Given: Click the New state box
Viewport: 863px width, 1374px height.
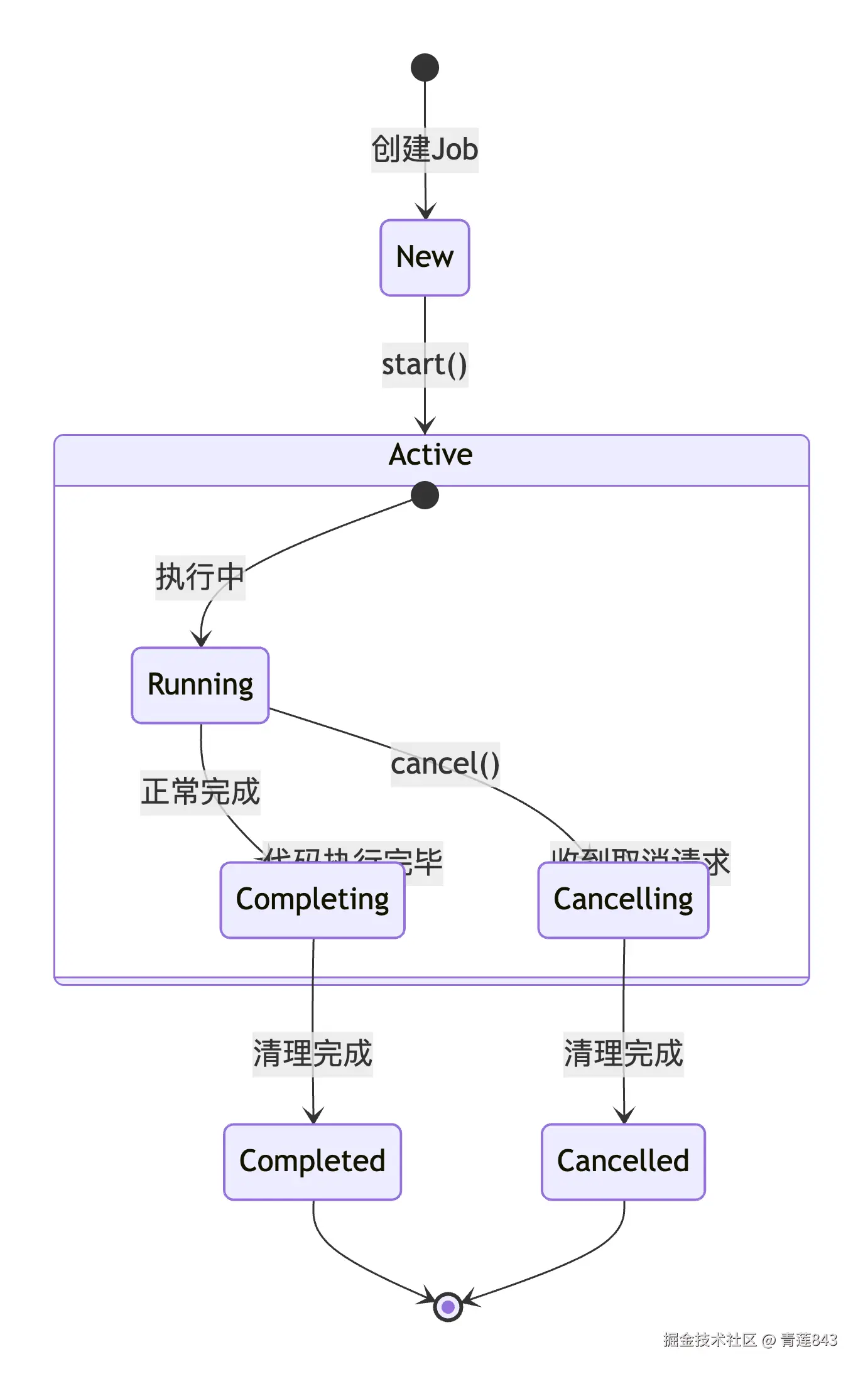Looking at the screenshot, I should point(425,257).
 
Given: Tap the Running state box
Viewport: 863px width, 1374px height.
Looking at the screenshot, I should point(200,684).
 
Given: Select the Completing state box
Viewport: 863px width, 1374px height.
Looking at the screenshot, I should point(312,900).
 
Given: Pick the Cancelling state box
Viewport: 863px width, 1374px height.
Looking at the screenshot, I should point(623,900).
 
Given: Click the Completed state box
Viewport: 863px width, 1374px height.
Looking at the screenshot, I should point(312,1161).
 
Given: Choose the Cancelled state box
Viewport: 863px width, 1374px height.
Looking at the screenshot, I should point(623,1161).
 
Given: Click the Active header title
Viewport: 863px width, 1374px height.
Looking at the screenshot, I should point(431,455).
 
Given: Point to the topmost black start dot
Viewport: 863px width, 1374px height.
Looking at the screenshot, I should point(425,67).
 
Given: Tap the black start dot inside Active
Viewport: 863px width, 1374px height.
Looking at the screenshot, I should point(425,495).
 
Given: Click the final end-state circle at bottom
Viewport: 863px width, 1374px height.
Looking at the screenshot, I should point(448,1307).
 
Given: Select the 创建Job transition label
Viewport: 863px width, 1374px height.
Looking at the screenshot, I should point(425,150).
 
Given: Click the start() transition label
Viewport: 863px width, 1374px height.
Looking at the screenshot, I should point(425,365).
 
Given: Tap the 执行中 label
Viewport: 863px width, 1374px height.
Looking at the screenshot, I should point(200,577).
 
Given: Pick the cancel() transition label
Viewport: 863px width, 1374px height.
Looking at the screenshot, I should point(445,764).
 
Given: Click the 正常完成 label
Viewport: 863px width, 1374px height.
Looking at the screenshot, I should point(200,792).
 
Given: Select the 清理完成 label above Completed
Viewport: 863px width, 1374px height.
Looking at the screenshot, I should point(312,1054).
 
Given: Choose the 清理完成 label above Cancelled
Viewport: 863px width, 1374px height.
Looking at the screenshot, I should point(623,1054).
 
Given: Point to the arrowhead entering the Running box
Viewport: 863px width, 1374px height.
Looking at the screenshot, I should point(201,639).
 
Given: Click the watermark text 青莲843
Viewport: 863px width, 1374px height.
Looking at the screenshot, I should point(808,1340).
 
